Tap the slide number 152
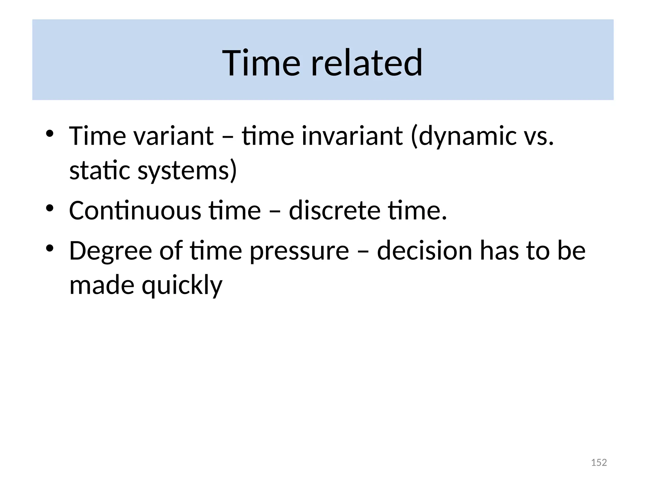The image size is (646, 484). [599, 462]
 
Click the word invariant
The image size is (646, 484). [352, 136]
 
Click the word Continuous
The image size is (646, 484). [135, 210]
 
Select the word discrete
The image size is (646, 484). [335, 210]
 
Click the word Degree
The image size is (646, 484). [110, 251]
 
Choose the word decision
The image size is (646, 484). [424, 251]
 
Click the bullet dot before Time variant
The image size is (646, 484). [50, 133]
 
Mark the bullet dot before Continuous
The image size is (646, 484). [50, 208]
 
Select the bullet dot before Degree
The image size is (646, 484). [50, 248]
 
